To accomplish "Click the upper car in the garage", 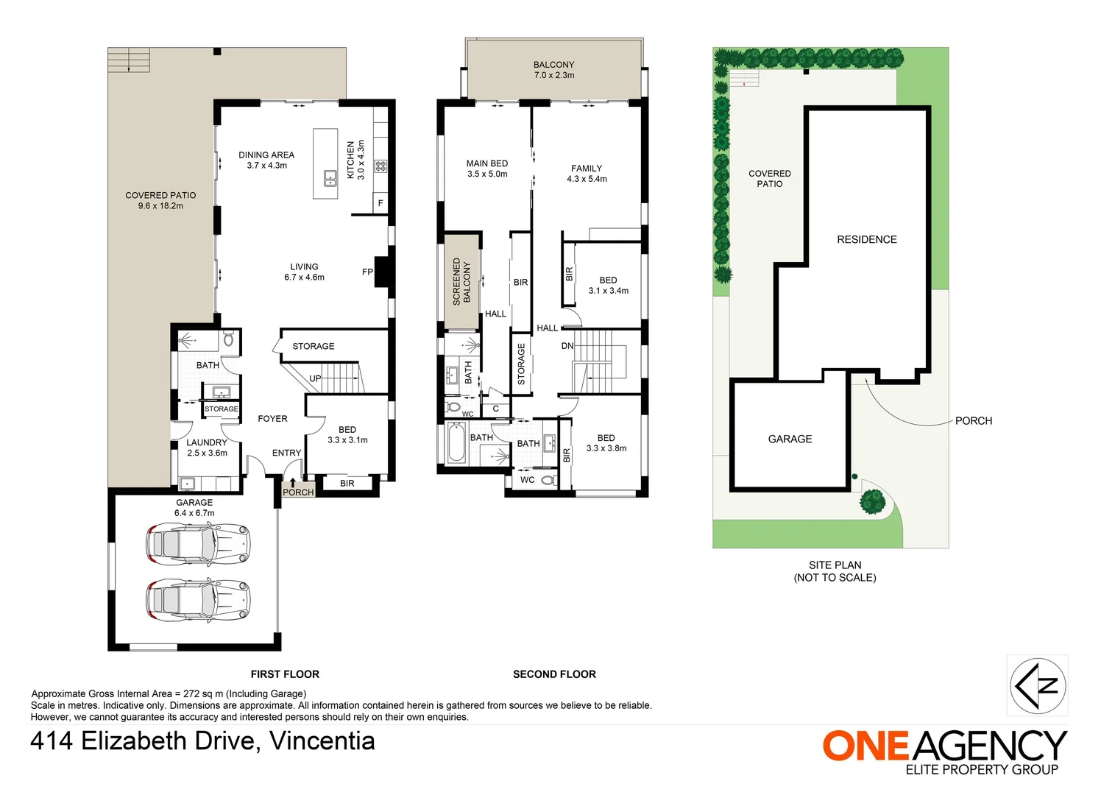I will click(197, 544).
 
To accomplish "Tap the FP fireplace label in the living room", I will click(367, 272).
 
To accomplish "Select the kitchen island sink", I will click(330, 177).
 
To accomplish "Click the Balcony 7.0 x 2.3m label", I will click(553, 70).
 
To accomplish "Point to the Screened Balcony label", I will click(461, 281).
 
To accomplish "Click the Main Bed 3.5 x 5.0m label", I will click(486, 169).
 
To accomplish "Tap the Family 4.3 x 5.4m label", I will click(587, 174).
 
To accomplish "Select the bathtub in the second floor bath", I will click(456, 444).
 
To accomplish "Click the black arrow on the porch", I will click(292, 483).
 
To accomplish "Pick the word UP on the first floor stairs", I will click(315, 378).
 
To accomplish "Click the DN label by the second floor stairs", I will click(567, 346).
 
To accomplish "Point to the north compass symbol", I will click(1037, 685).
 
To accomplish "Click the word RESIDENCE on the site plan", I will click(866, 239).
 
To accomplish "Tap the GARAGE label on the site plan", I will click(790, 439).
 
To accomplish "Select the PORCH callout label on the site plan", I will click(973, 421).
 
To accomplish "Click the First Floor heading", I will click(285, 674).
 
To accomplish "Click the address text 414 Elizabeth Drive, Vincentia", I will click(202, 741).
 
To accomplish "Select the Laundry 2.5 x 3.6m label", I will click(207, 448).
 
